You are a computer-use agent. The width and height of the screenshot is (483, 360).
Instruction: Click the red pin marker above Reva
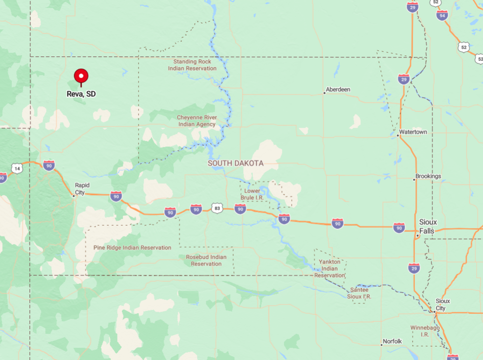81,76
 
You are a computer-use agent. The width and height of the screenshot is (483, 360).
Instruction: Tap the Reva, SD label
81,94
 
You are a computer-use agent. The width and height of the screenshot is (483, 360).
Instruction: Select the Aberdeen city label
338,90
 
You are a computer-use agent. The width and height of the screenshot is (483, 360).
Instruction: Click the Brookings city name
428,176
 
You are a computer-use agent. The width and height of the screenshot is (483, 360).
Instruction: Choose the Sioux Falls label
427,227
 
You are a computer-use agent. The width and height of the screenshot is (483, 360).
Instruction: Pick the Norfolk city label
392,341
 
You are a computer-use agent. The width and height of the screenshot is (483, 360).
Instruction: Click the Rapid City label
82,189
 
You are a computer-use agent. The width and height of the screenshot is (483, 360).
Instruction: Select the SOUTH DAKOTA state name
236,163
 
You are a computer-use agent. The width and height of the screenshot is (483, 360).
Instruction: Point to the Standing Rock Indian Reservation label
192,65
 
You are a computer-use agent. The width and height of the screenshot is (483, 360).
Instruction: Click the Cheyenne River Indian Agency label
196,121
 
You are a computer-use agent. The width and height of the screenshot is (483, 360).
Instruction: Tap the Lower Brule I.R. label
252,194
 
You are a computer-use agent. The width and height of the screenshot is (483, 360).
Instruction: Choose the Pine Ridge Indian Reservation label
133,248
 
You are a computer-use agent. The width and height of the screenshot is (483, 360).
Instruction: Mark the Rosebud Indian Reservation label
206,260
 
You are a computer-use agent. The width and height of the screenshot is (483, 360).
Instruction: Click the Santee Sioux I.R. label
360,293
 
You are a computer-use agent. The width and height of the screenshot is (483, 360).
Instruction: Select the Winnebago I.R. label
425,331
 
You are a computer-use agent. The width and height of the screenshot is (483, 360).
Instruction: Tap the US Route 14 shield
17,169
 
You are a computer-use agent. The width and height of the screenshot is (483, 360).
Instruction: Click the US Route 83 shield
217,208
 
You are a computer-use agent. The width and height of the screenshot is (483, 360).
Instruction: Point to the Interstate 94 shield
442,15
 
